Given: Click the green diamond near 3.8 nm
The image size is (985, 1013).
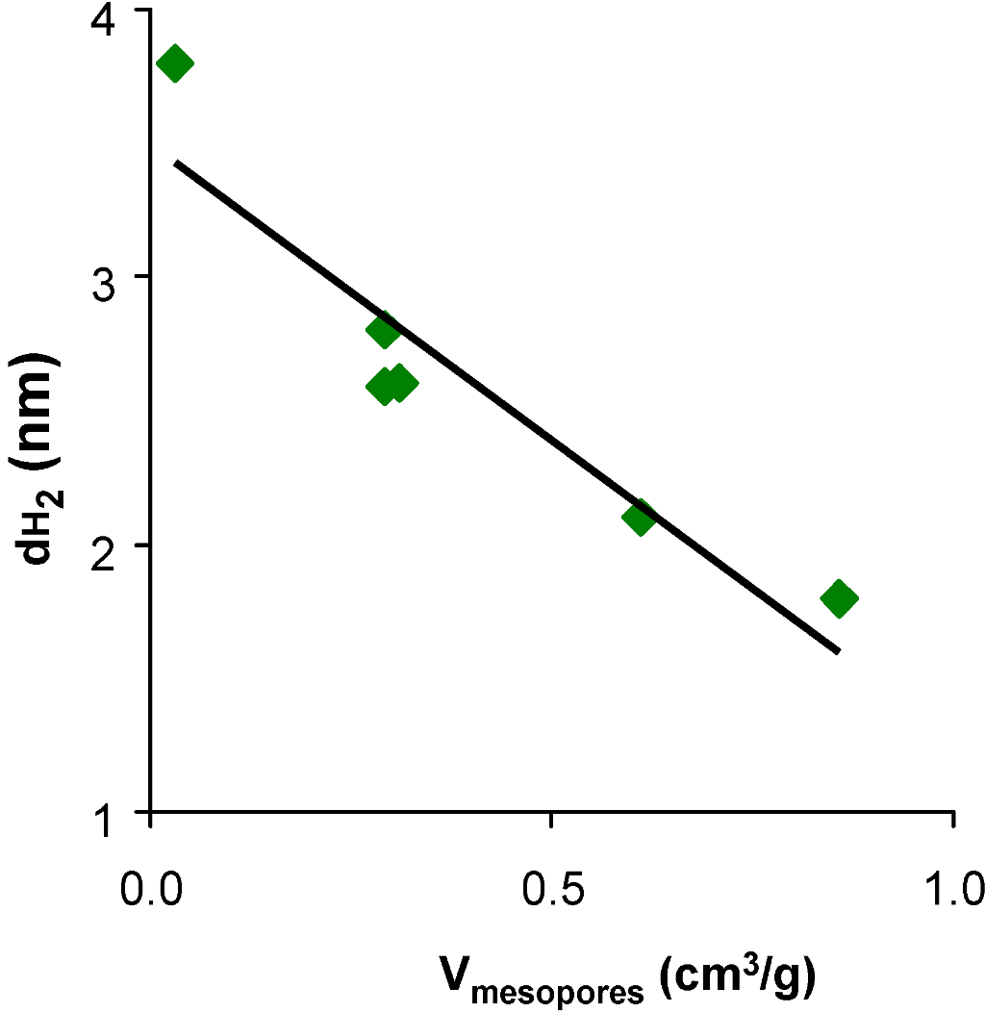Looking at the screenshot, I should click(174, 64).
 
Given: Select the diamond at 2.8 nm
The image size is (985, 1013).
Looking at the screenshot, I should click(383, 331).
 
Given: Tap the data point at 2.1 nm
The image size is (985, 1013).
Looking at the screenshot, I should click(639, 518).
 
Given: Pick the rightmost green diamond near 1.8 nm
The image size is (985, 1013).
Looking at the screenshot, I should click(839, 598).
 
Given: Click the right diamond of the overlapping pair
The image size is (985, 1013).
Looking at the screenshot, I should click(400, 383).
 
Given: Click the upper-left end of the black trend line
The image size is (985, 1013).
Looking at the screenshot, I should click(175, 164).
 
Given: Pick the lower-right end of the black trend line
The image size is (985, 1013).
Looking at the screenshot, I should click(839, 652).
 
